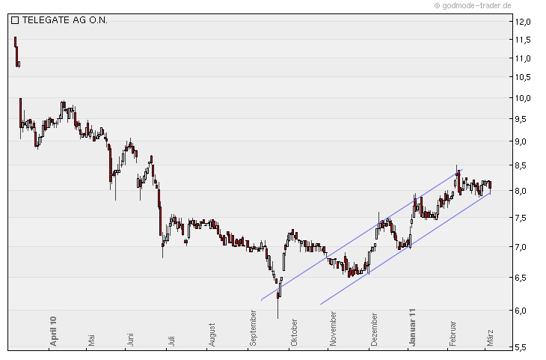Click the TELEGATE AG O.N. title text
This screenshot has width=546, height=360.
pos(64,20)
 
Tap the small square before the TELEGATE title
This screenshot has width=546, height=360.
pos(15,20)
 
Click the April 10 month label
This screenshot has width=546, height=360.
pos(53,329)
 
